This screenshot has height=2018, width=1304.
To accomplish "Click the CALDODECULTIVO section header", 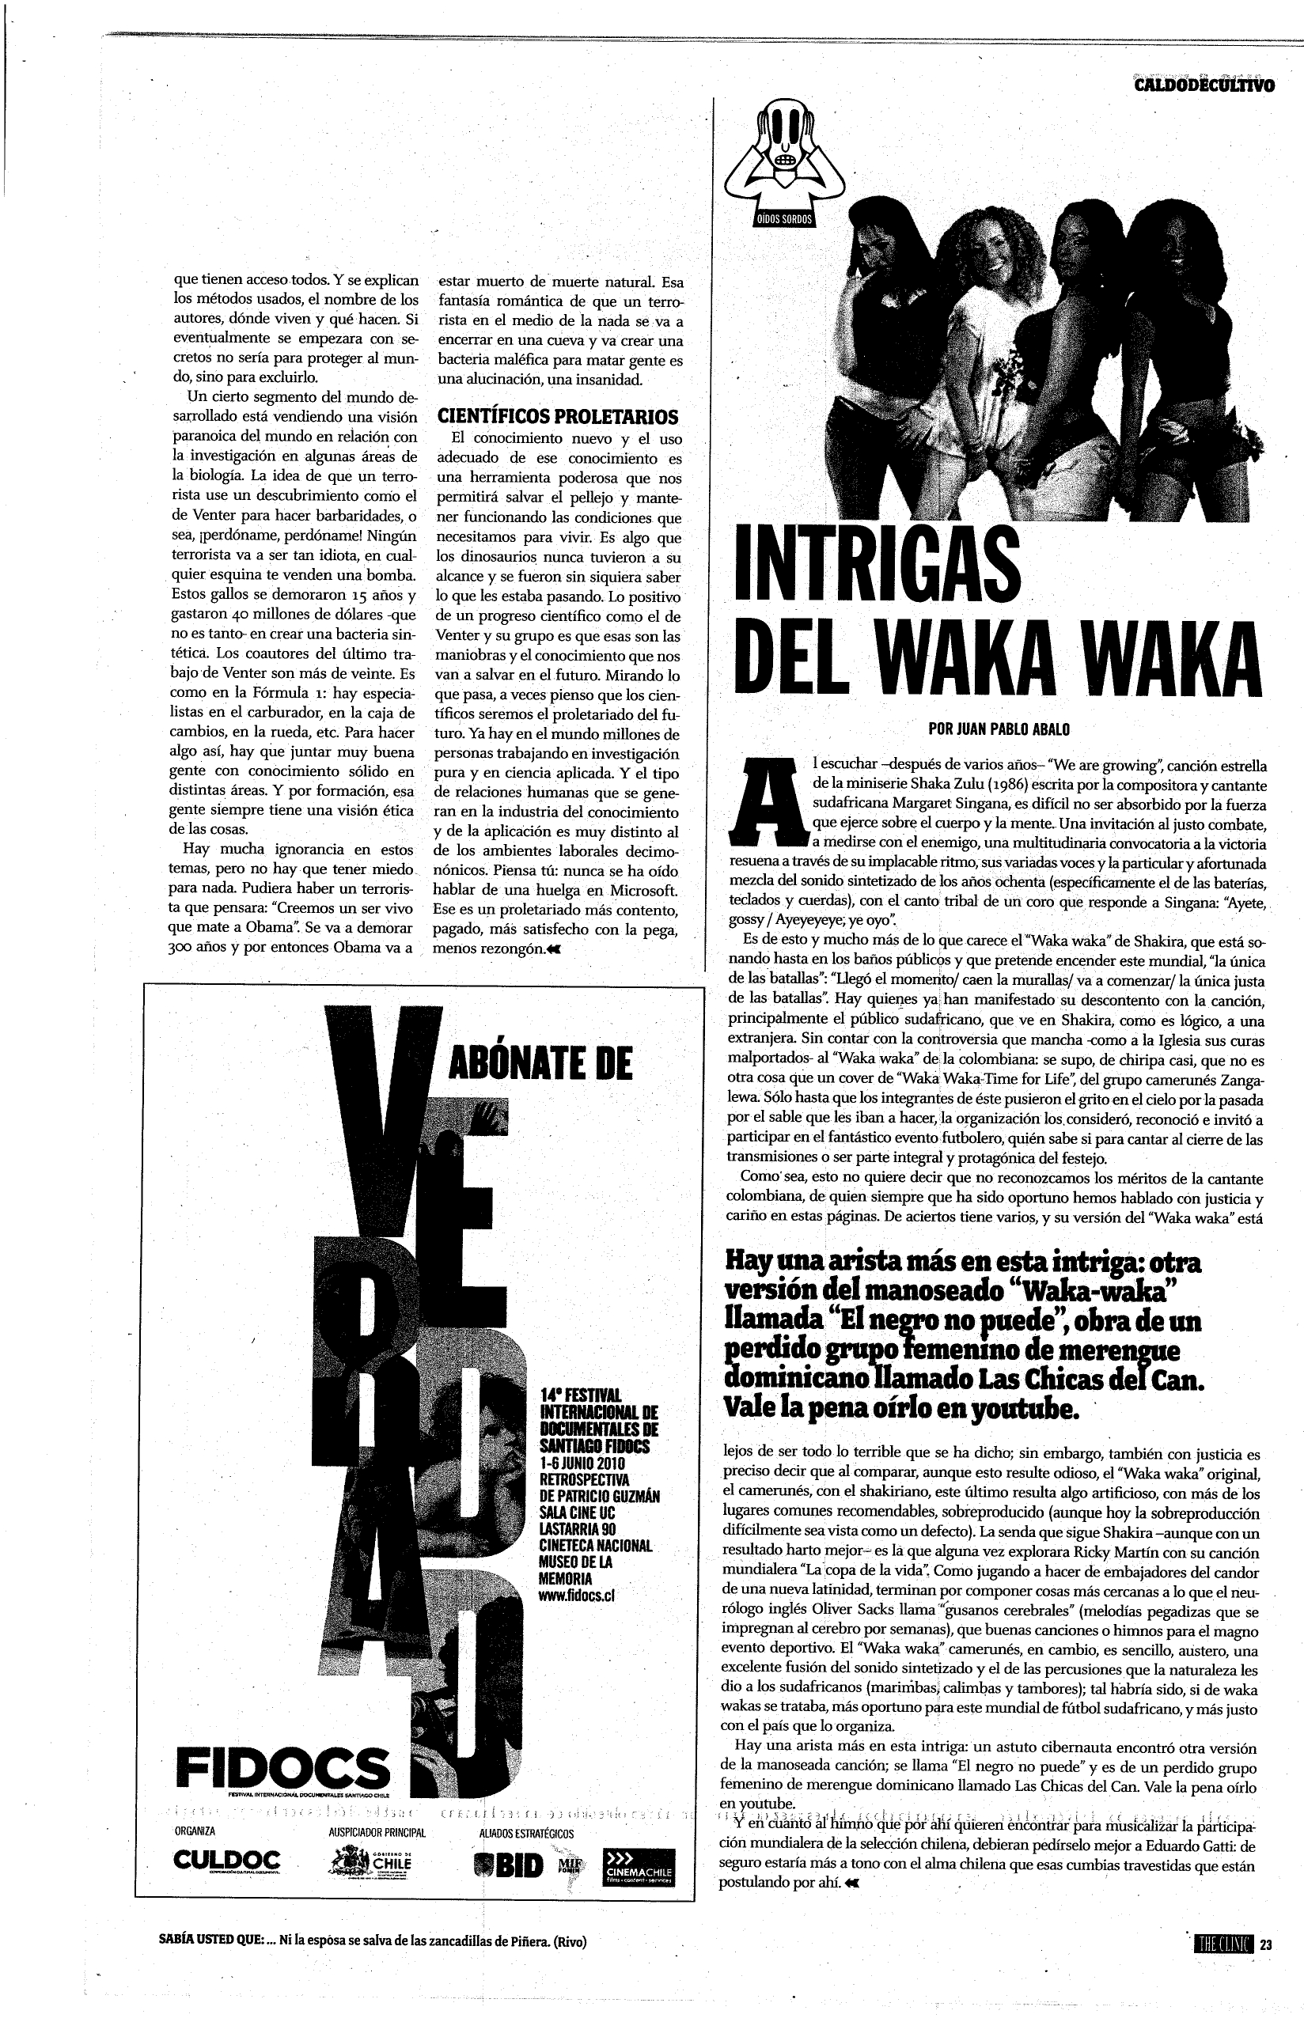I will pyautogui.click(x=1204, y=85).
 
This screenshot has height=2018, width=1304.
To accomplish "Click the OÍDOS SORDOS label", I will pyautogui.click(x=784, y=218).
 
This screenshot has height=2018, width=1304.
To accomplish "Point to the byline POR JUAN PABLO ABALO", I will pyautogui.click(x=999, y=729).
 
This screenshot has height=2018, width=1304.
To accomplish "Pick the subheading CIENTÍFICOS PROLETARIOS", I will pyautogui.click(x=557, y=416).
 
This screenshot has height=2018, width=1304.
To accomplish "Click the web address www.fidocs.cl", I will pyautogui.click(x=577, y=1596).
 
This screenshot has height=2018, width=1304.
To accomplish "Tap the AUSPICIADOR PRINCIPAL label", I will pyautogui.click(x=376, y=1833).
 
